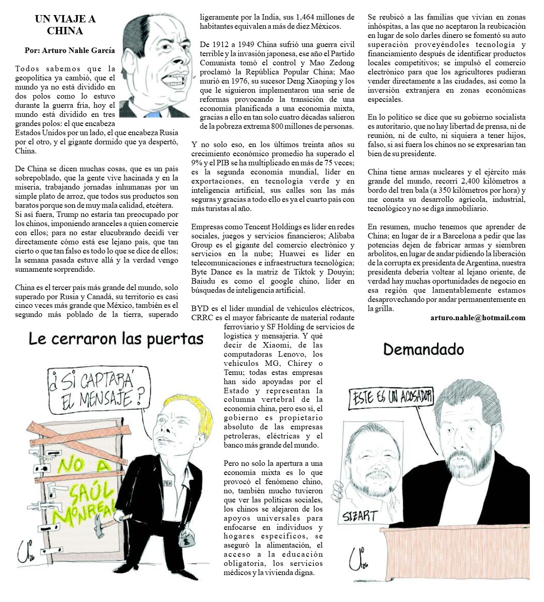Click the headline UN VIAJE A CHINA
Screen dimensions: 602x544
pos(65,25)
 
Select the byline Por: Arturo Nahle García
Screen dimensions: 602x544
pos(69,51)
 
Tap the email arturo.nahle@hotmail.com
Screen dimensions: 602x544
pos(478,318)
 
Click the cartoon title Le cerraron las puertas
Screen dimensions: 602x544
pos(116,339)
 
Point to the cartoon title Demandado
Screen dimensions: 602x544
pos(423,350)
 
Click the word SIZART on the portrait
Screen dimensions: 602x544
pos(360,517)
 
